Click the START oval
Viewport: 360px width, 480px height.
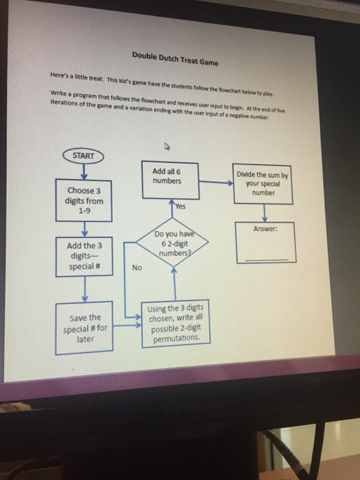84,156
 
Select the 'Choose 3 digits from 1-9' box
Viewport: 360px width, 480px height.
85,201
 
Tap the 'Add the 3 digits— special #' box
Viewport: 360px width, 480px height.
84,256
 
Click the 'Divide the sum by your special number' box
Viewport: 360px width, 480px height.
263,184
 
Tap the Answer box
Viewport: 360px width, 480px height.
263,242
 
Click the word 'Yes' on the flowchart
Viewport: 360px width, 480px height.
180,206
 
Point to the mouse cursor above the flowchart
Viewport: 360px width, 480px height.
166,146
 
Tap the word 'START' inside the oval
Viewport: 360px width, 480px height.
84,156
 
